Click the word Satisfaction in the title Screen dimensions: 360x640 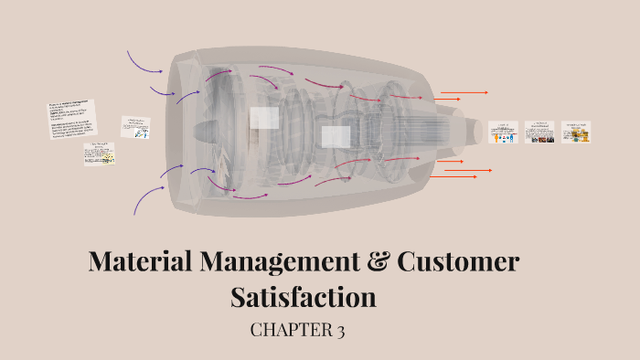tap(304, 297)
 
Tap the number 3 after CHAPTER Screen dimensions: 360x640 tap(339, 331)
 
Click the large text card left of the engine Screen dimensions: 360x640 tap(71, 119)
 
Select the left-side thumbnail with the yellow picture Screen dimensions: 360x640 tap(100, 154)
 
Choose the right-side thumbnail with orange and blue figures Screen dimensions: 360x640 tap(503, 132)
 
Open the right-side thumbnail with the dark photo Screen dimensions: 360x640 tap(539, 132)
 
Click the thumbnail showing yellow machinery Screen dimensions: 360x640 tap(576, 132)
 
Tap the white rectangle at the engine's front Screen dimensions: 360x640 tap(264, 118)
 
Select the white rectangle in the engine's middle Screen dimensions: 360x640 tap(336, 137)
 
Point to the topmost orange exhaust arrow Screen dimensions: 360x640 tap(464, 92)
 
